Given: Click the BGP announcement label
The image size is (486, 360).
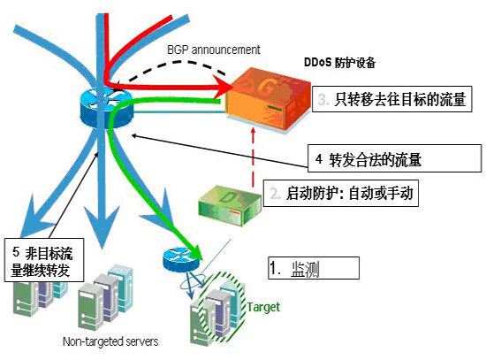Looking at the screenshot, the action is click(214, 50).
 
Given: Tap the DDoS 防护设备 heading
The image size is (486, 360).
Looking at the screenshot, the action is click(339, 63).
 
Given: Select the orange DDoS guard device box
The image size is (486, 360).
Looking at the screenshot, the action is click(268, 100).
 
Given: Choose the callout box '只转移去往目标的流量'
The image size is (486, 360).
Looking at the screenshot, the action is click(391, 99).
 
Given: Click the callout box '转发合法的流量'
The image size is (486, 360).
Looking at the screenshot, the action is click(395, 158).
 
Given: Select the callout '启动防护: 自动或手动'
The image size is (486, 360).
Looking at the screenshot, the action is click(341, 193).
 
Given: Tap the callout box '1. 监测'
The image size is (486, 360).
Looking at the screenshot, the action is click(314, 268).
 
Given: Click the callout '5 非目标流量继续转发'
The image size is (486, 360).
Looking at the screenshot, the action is click(44, 260).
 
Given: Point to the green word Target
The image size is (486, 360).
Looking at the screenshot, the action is click(263, 307).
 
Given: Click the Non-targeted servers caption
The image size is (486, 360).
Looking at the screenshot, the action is click(110, 341).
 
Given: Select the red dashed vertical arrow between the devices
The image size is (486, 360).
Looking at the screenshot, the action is click(254, 157).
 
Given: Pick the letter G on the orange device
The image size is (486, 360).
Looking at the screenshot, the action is click(266, 88).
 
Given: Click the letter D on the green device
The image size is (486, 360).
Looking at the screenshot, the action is click(230, 197).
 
